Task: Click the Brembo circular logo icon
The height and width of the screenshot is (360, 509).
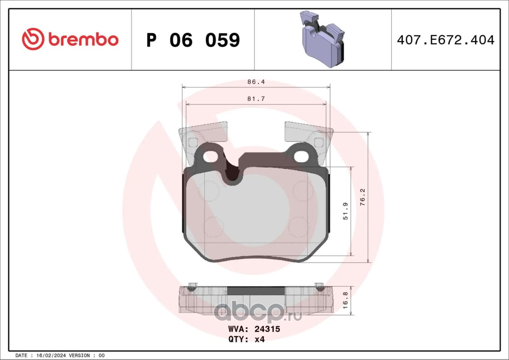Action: pyautogui.click(x=33, y=39)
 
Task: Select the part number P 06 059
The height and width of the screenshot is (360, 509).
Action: pyautogui.click(x=193, y=40)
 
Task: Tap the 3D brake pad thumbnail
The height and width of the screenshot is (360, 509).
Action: pyautogui.click(x=322, y=39)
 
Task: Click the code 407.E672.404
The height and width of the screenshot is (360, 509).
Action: pyautogui.click(x=446, y=40)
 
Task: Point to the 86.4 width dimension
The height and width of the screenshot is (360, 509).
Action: pyautogui.click(x=256, y=82)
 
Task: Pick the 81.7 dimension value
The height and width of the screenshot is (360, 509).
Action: pyautogui.click(x=256, y=99)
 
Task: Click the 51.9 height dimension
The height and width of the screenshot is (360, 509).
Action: pyautogui.click(x=345, y=211)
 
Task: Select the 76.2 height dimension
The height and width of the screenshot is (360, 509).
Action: pyautogui.click(x=362, y=197)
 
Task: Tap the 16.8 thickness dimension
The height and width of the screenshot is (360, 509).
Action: pyautogui.click(x=345, y=300)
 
